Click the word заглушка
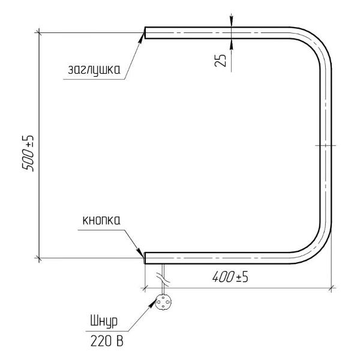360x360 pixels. point(94,70)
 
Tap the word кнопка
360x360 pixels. point(101,220)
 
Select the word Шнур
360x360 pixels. point(104,322)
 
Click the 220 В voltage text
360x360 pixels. point(107,341)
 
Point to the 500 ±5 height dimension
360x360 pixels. point(28,154)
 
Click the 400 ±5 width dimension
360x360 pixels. point(230,277)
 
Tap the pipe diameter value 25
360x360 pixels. point(220,61)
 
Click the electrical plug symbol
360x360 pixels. point(163,302)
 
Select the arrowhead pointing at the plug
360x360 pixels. point(152,303)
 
